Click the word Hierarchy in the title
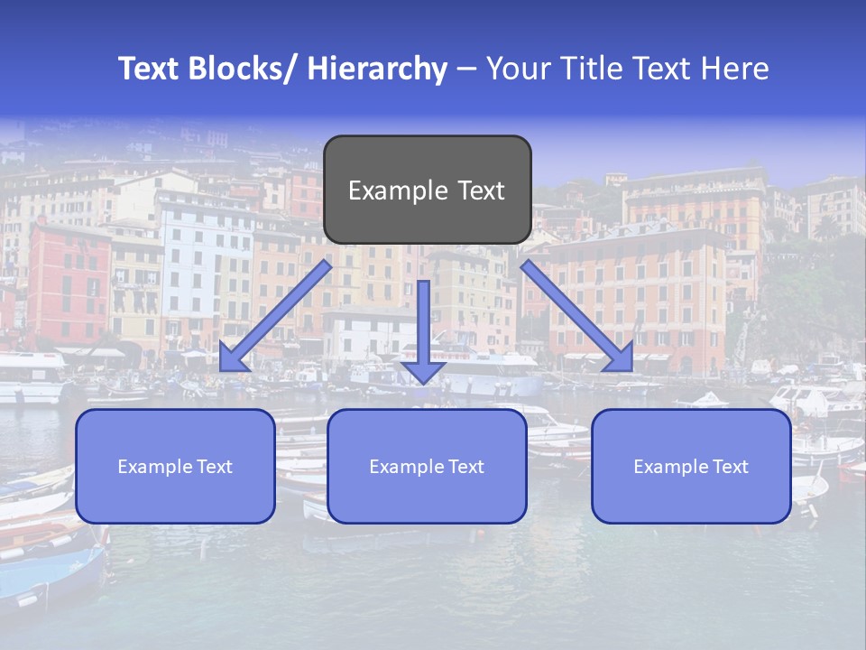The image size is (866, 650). point(376,69)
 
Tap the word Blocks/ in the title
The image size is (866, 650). point(242,69)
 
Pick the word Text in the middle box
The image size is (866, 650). point(465,467)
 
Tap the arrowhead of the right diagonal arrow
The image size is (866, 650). point(620,358)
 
